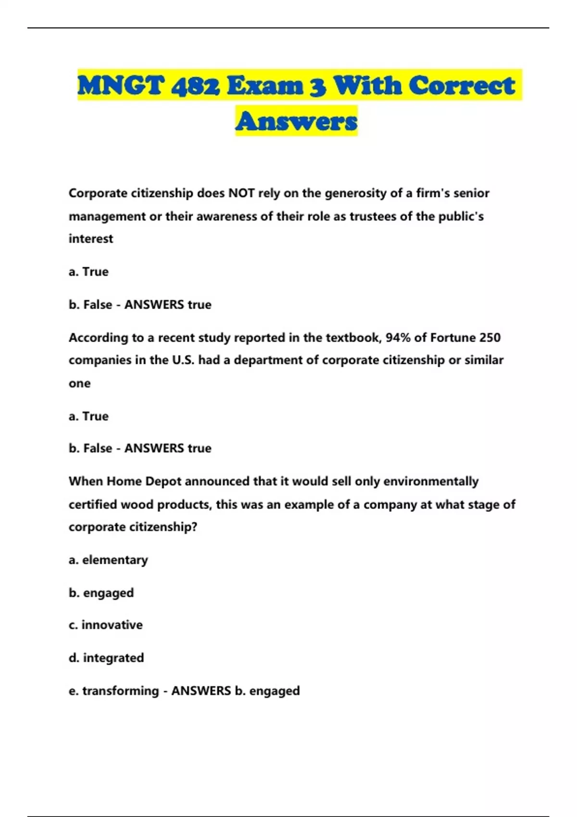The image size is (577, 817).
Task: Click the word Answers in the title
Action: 296,121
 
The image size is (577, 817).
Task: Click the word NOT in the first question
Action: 241,193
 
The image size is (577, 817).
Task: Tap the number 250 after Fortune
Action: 490,338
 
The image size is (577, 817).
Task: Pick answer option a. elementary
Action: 108,560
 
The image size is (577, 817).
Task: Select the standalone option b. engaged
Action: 101,593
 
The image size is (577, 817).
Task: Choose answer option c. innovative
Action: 106,625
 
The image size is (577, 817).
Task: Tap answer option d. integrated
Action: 106,657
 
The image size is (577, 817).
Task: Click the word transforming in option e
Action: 120,691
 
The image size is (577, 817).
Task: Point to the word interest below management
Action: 91,239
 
